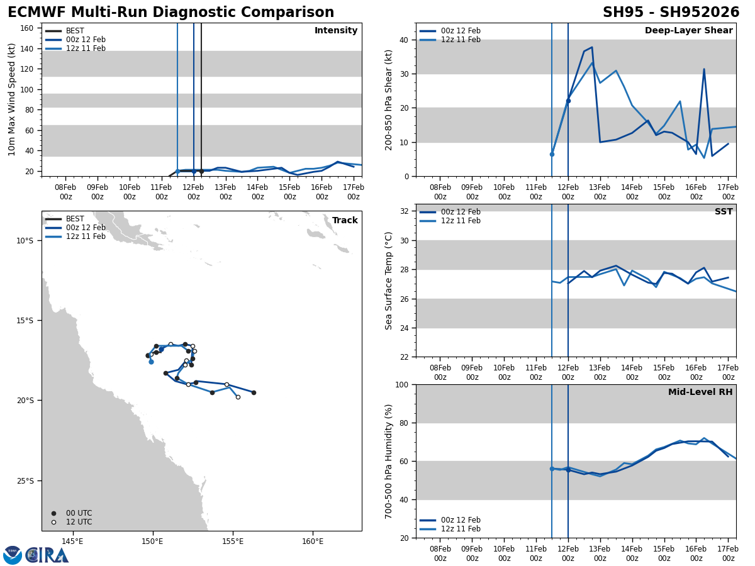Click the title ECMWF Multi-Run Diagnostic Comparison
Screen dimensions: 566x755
(x=171, y=13)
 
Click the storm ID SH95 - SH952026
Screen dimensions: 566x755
(x=671, y=13)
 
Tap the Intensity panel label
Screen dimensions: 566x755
(x=336, y=31)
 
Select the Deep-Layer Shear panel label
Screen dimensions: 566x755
(x=688, y=31)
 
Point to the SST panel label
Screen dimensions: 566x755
(x=723, y=212)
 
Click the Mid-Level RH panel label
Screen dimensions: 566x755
(x=700, y=392)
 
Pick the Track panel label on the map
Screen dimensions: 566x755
(x=345, y=221)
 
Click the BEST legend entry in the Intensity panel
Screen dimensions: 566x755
(x=75, y=31)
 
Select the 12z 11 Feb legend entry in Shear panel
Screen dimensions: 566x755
(x=461, y=40)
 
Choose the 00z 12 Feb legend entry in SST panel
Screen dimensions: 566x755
(x=461, y=212)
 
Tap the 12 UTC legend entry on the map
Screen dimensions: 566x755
(x=79, y=522)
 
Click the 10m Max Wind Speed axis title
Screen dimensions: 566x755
(x=13, y=99)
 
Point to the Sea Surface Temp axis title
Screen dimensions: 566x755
(x=389, y=280)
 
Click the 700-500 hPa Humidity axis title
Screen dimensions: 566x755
(x=389, y=461)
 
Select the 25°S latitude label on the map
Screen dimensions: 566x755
(x=25, y=481)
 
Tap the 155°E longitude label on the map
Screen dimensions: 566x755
(x=233, y=541)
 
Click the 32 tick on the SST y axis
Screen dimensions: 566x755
(x=405, y=211)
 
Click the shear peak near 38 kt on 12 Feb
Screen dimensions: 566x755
(x=591, y=47)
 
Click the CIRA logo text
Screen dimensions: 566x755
(x=47, y=555)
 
